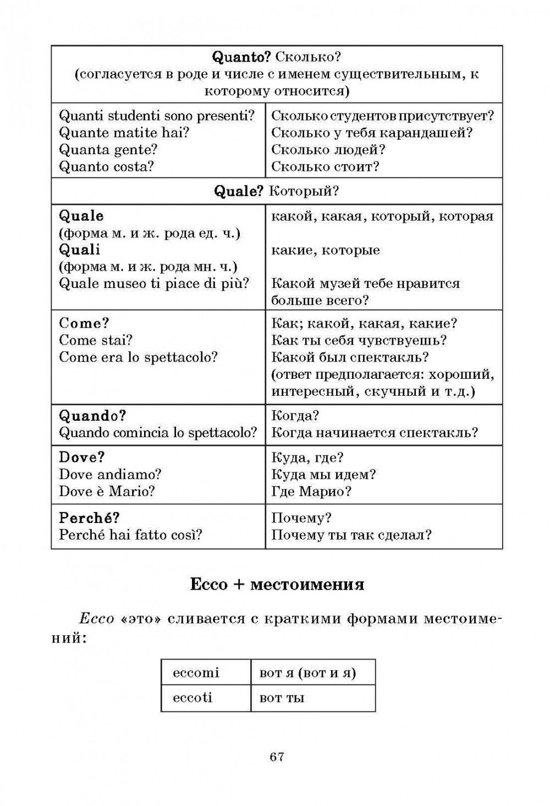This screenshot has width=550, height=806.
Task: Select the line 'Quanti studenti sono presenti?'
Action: tap(156, 116)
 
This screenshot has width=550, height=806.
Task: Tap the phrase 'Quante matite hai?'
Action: tap(124, 133)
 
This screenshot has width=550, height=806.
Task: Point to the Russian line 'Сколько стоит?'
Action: tap(326, 166)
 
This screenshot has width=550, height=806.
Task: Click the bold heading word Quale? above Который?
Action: tap(239, 191)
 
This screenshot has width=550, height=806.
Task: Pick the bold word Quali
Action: tap(79, 249)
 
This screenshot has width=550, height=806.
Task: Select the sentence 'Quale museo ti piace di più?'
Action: tap(154, 284)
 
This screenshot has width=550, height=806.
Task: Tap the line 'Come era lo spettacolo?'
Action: tap(138, 357)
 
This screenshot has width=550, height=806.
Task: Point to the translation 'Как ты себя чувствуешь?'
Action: tap(359, 340)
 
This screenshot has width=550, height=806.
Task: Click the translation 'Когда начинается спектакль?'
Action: tap(375, 432)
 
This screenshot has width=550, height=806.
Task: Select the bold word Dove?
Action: tap(81, 458)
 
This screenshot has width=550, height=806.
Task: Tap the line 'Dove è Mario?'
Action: tap(107, 491)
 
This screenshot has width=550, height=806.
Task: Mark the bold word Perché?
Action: tap(89, 518)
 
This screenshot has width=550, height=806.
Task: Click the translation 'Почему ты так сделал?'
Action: tap(351, 535)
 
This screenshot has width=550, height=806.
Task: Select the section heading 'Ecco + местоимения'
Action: tap(277, 584)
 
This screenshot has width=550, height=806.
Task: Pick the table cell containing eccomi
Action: tap(206, 673)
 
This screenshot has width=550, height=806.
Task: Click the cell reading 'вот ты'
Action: tap(313, 698)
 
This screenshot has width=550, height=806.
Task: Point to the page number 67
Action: tap(277, 757)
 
